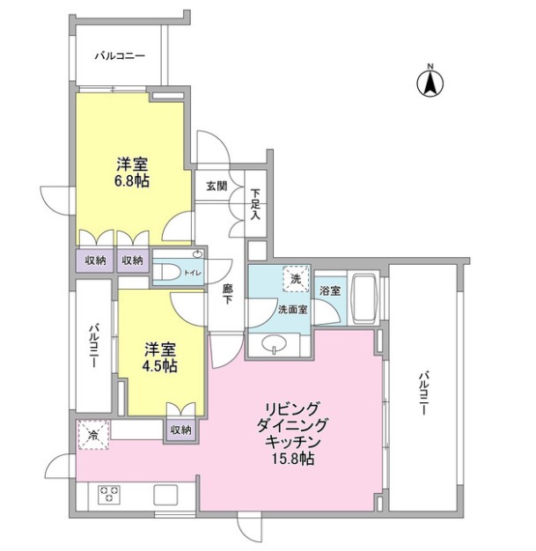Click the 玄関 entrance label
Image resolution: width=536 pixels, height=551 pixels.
(217, 186)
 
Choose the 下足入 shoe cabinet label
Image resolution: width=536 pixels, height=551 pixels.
(255, 204)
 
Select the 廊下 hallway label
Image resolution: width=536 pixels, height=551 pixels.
(227, 294)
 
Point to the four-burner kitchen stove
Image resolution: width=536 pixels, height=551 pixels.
(109, 493)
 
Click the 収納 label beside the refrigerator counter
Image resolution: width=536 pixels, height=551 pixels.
(180, 430)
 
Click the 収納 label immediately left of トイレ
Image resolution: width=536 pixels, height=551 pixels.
(133, 261)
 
